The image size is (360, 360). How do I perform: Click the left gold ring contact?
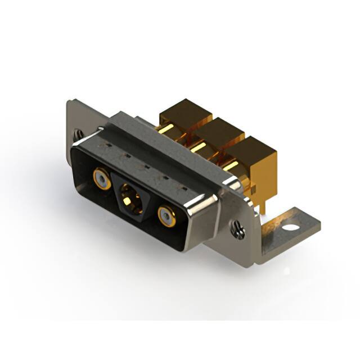click(x=101, y=179)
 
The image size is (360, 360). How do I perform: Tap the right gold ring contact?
click(x=166, y=216)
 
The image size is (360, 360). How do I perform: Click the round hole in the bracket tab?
click(x=291, y=229)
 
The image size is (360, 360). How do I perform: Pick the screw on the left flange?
click(x=78, y=135)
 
